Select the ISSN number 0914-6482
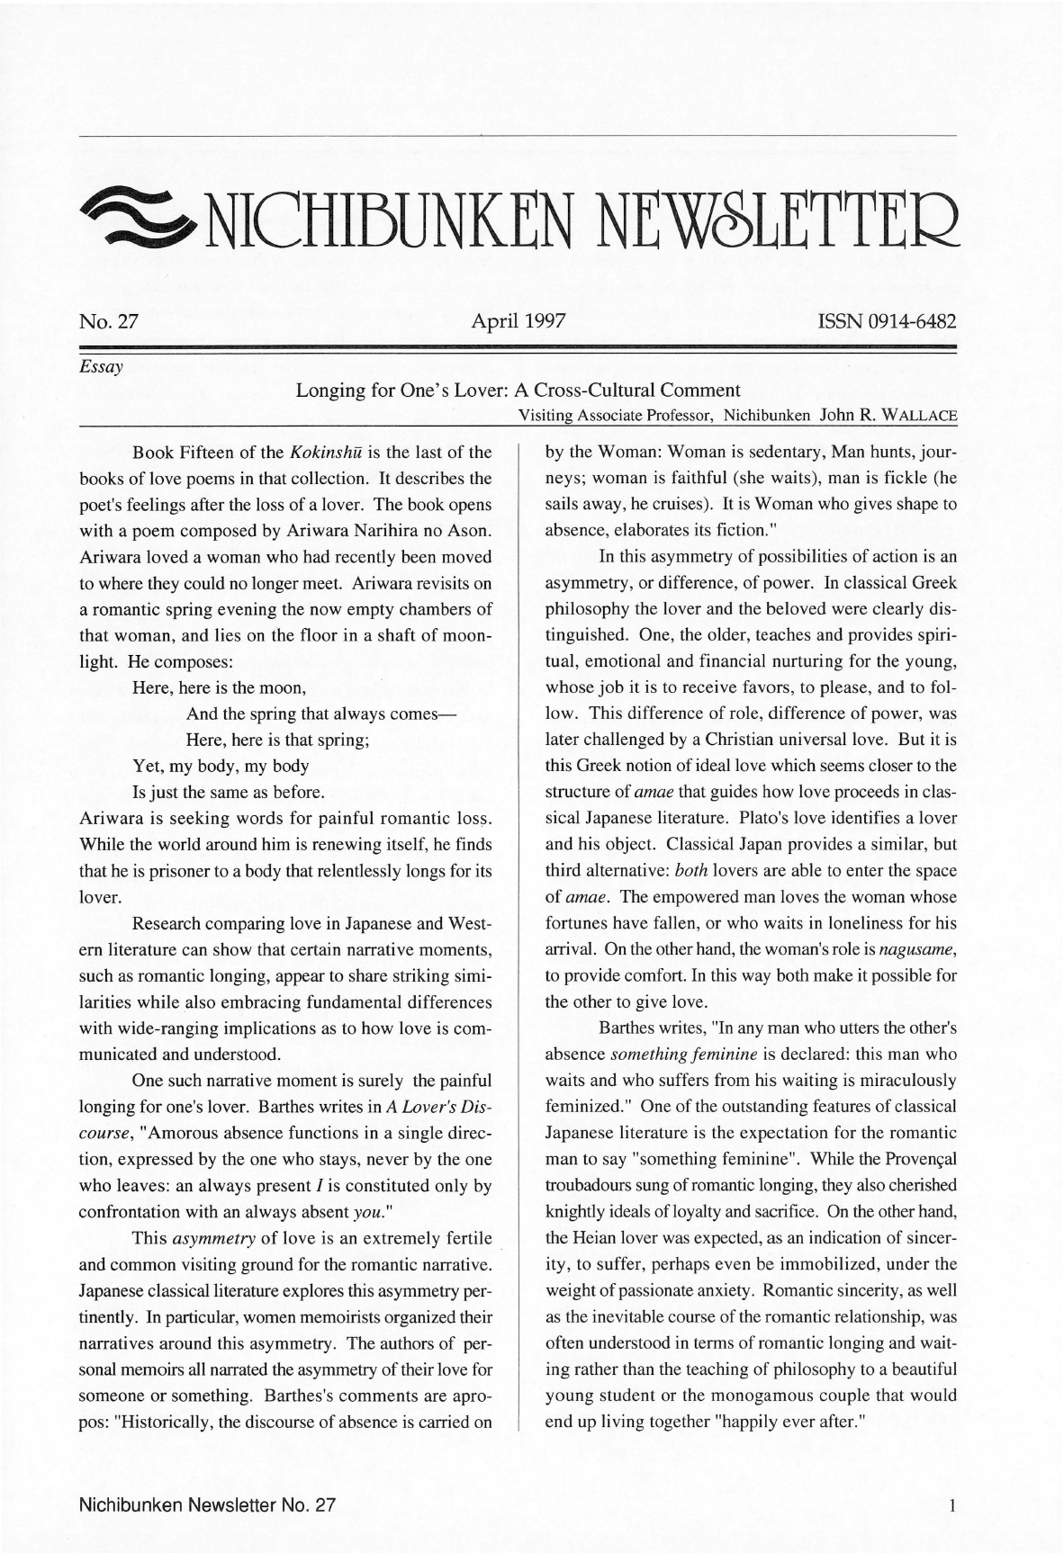pyautogui.click(x=886, y=321)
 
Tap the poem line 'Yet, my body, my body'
pyautogui.click(x=221, y=767)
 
